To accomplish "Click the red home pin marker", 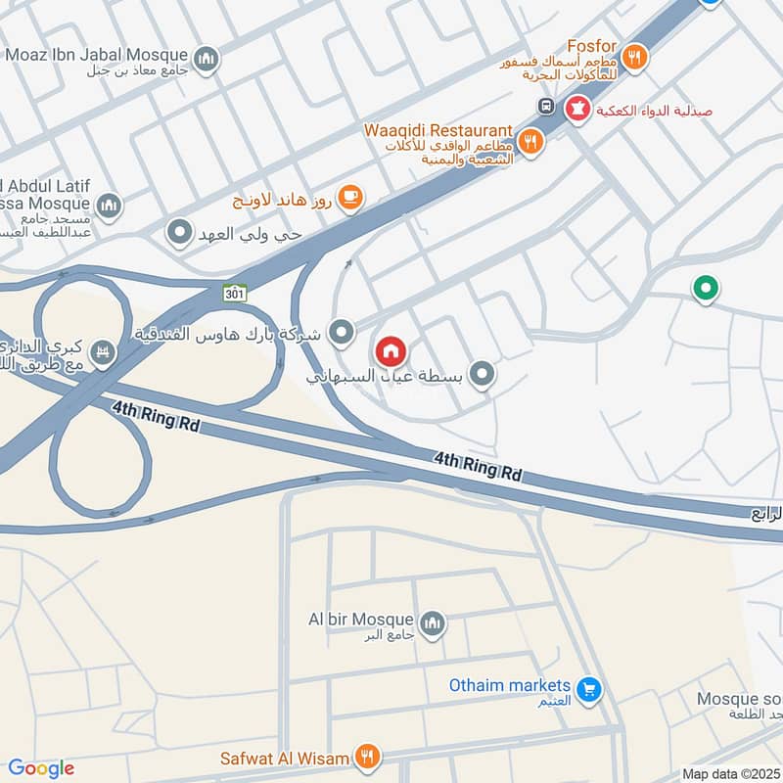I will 391,350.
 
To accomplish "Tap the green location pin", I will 705,288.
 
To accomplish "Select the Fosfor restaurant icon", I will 635,58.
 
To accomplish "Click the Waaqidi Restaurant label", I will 438,130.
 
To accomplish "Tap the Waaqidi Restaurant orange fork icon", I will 530,141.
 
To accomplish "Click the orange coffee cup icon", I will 350,199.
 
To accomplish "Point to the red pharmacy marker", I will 578,109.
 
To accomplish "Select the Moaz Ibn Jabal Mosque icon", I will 206,61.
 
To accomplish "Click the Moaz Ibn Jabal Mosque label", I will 97,54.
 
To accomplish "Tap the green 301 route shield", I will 235,292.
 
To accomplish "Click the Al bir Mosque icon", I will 432,622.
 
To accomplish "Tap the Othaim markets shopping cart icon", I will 588,690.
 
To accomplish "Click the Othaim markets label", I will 509,685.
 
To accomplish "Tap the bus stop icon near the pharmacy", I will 545,106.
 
